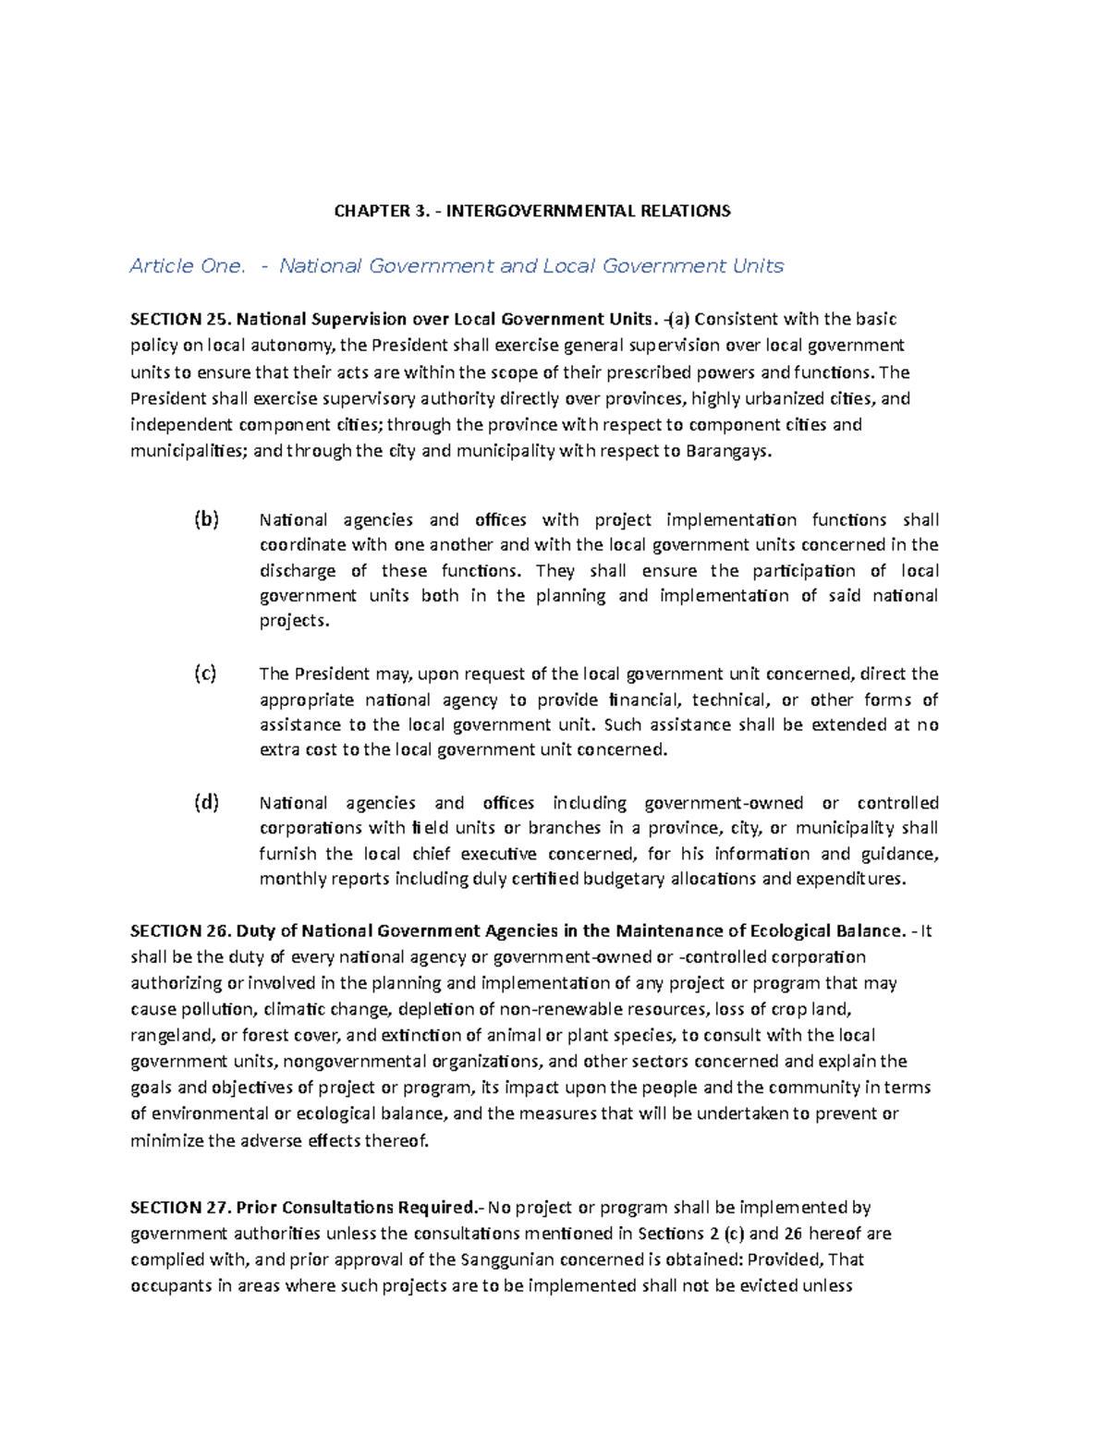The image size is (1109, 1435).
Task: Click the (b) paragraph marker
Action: point(206,519)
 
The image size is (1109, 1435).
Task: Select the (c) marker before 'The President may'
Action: point(205,674)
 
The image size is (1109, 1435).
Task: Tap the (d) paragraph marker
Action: point(206,802)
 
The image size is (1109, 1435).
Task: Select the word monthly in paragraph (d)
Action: point(292,879)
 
